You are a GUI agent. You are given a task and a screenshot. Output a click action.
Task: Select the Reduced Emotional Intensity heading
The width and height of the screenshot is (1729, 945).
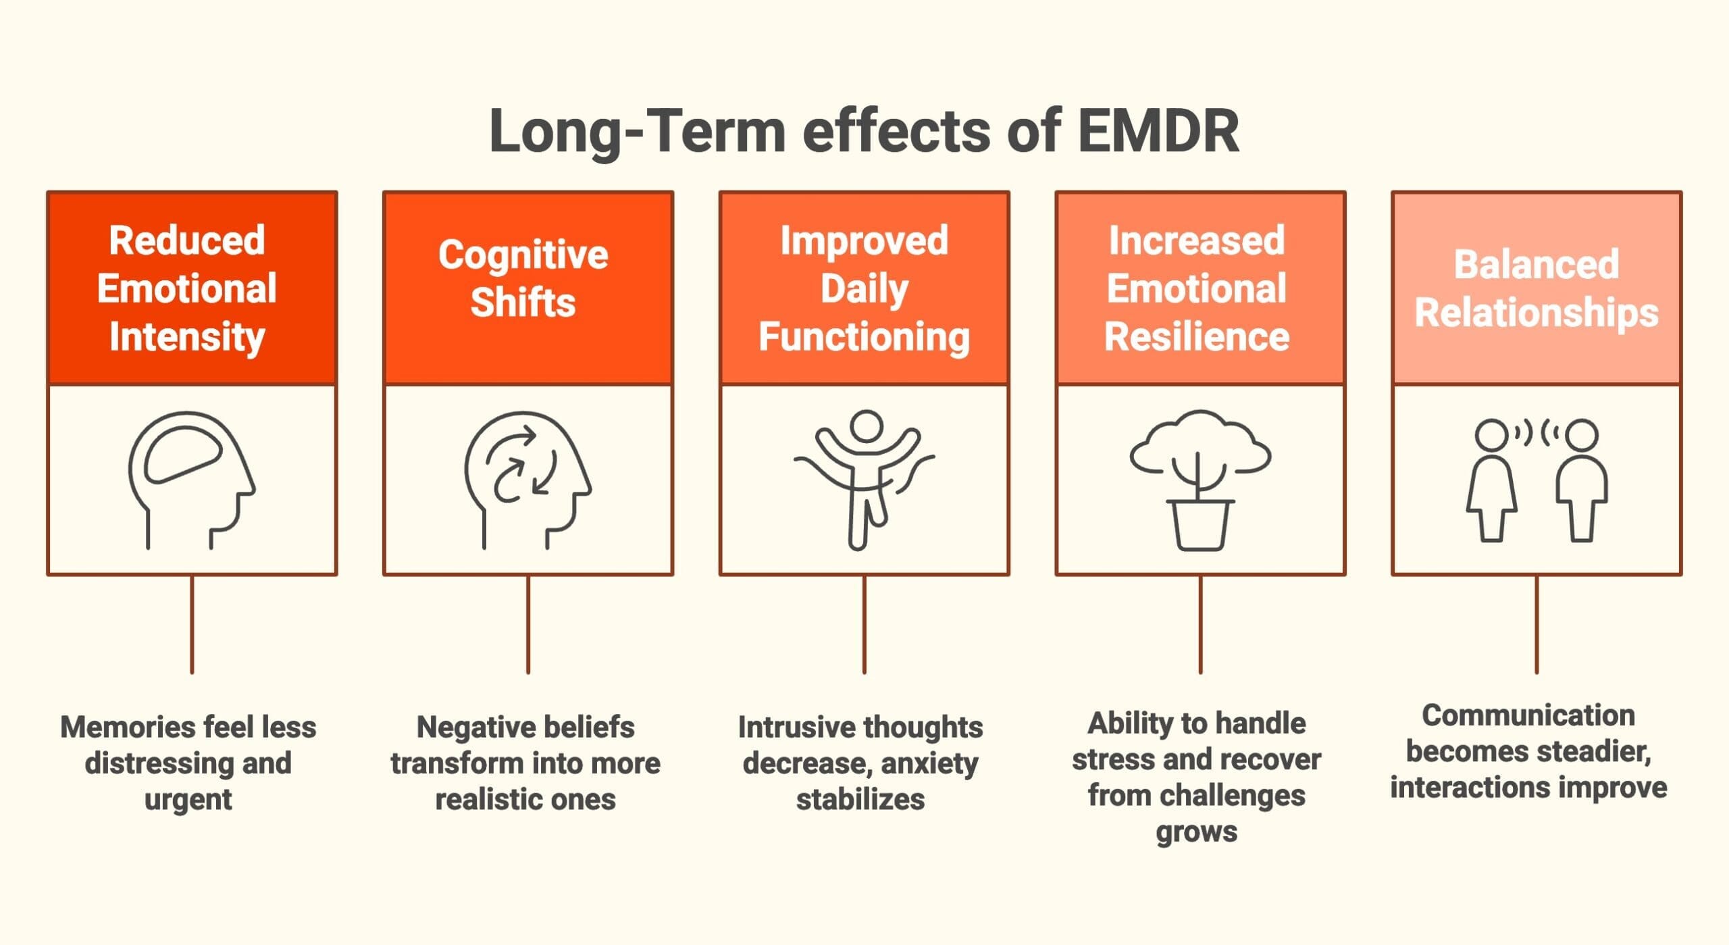187,288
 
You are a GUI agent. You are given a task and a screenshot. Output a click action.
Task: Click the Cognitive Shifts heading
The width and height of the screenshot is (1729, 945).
523,278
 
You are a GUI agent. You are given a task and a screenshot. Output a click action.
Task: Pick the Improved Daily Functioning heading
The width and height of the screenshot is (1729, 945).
864,288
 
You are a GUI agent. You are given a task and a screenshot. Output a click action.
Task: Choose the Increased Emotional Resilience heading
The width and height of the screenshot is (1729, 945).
1197,288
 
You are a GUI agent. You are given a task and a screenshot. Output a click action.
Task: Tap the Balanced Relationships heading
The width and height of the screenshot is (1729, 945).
1537,288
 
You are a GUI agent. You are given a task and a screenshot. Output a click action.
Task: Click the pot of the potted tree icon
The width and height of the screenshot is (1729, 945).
1200,526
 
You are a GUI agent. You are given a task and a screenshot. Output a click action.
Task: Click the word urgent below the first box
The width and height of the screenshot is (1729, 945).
188,799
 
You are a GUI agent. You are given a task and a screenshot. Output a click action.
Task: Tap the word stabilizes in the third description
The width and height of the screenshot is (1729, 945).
860,799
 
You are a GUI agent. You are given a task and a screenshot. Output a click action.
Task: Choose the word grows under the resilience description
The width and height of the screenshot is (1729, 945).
1196,831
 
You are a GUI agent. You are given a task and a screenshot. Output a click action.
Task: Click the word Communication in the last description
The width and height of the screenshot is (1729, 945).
1528,715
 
